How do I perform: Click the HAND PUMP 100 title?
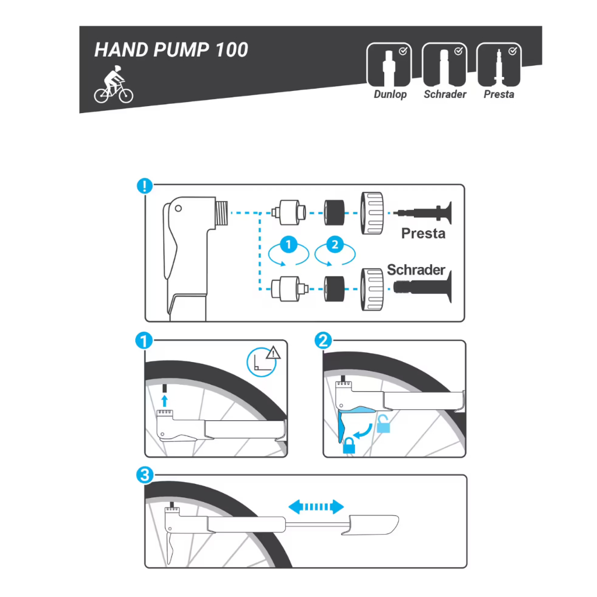pos(171,50)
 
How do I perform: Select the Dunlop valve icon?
pos(389,65)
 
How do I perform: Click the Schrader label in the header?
pos(445,94)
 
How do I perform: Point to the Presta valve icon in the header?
pos(499,65)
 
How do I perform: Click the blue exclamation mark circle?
pos(145,186)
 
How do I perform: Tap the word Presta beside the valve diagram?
pos(423,233)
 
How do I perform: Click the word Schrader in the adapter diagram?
pos(416,270)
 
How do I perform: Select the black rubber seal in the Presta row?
pos(334,212)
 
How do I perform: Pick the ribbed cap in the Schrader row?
pos(372,289)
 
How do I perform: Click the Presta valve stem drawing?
pos(423,212)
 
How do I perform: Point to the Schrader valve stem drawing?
pos(423,286)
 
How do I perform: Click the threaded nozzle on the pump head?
pos(221,213)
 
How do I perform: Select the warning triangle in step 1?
pos(273,353)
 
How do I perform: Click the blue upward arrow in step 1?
pos(164,401)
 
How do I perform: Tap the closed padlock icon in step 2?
pos(349,445)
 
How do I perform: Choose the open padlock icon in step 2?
pos(383,424)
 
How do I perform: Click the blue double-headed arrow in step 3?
pos(316,507)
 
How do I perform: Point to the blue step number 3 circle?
pos(145,475)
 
